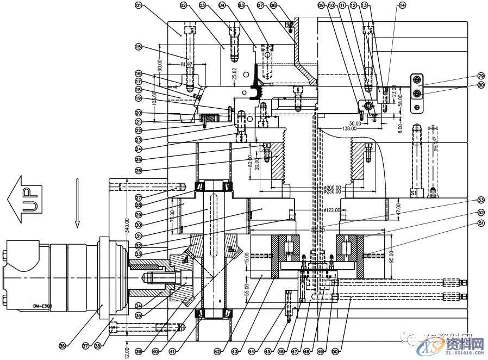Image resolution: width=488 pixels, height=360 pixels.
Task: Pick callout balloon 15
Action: [138, 47]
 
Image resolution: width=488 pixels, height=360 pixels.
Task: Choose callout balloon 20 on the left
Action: [138, 113]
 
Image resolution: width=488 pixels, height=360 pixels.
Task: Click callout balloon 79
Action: [466, 76]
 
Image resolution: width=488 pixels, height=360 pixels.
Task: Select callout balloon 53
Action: [466, 200]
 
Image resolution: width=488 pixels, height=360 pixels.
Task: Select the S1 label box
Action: [413, 193]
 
